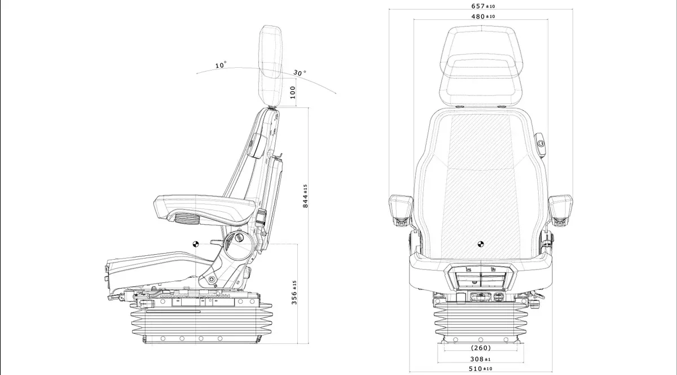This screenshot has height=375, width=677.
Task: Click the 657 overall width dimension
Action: coord(483,6)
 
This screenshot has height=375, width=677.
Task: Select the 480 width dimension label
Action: coord(483,16)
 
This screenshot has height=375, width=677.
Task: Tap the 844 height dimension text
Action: coord(305,195)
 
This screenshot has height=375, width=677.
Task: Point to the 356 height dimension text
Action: coord(294,292)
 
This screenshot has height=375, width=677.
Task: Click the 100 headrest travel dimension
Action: coord(292,92)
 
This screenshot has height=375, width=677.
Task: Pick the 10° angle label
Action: coord(221,66)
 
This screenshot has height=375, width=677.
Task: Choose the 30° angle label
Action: coord(300,73)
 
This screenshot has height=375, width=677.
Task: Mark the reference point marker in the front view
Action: coord(481,244)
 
